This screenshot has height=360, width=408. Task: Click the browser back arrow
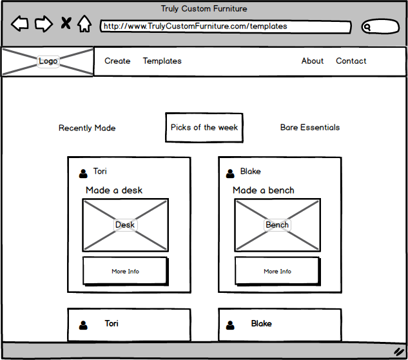20,25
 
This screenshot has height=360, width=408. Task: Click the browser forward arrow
44,25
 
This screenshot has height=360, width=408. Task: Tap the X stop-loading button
66,25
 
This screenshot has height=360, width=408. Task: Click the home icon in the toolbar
84,25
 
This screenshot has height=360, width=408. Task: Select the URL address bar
226,26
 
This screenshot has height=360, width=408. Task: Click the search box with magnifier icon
380,27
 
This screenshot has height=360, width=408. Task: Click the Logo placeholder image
48,61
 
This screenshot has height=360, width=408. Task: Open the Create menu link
117,61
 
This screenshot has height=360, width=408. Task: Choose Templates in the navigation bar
162,61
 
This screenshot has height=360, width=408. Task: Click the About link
313,61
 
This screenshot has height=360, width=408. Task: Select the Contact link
351,61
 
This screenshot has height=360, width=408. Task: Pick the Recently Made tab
87,128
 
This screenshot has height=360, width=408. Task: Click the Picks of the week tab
204,128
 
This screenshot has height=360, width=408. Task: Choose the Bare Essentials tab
310,128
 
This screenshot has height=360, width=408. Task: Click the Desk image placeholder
126,225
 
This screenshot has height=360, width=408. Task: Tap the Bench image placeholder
277,225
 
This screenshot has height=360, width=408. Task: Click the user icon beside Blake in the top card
230,173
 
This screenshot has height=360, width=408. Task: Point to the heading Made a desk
114,190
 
